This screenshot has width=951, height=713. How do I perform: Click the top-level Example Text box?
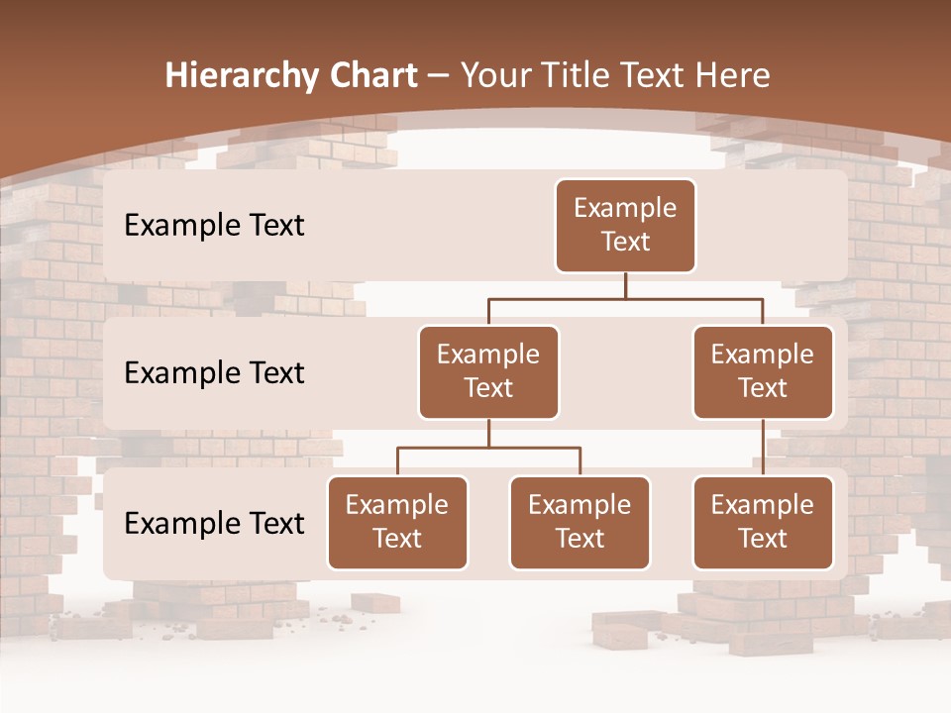pyautogui.click(x=625, y=225)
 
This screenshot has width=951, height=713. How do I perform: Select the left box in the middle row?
pyautogui.click(x=488, y=371)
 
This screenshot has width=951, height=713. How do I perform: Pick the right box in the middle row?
pyautogui.click(x=763, y=371)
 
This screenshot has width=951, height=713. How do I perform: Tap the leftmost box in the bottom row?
pyautogui.click(x=397, y=522)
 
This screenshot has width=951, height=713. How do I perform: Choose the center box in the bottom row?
pyautogui.click(x=580, y=522)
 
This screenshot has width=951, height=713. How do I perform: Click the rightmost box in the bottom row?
pyautogui.click(x=763, y=522)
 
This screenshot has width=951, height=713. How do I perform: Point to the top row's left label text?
pyautogui.click(x=214, y=226)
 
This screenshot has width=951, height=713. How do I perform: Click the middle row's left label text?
pyautogui.click(x=214, y=373)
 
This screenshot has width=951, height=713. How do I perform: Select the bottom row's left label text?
pyautogui.click(x=214, y=523)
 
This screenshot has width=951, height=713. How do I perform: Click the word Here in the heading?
pyautogui.click(x=734, y=75)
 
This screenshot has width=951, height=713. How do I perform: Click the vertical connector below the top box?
pyautogui.click(x=625, y=285)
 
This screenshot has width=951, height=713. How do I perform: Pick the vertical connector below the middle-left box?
pyautogui.click(x=488, y=433)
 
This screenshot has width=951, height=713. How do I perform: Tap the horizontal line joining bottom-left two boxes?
pyautogui.click(x=488, y=448)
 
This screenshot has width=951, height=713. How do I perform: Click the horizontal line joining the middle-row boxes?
pyautogui.click(x=625, y=298)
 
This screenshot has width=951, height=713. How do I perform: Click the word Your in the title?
pyautogui.click(x=495, y=75)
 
